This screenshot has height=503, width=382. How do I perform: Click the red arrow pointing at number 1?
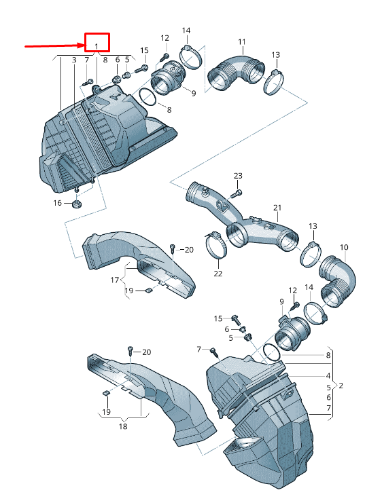point(54,46)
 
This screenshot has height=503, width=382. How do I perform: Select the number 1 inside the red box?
point(97,47)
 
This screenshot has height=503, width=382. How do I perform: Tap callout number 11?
point(242,41)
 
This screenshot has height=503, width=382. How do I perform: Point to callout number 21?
point(277,208)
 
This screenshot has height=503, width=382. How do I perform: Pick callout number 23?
point(238,176)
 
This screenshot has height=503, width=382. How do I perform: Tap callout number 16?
point(57,203)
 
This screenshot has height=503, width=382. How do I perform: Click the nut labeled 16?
point(77,204)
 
